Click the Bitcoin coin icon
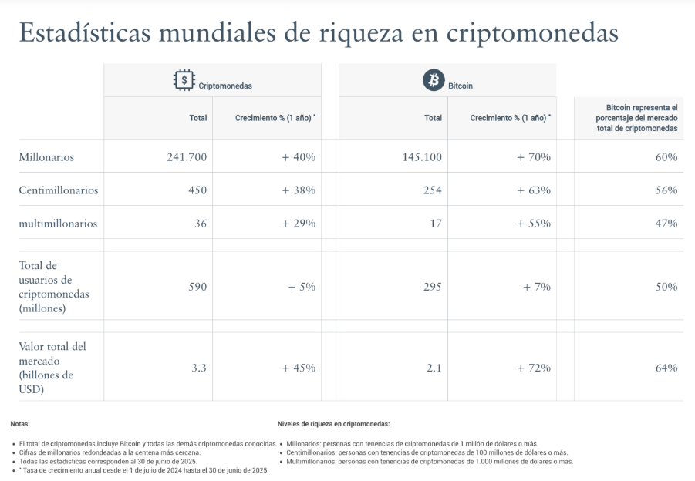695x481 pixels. coord(434,80)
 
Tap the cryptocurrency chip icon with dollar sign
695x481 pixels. coord(184,80)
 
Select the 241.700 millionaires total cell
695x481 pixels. coord(187,157)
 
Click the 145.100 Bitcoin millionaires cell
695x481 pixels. coord(422,157)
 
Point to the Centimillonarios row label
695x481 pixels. coord(58,190)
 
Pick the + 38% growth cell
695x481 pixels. coord(299,190)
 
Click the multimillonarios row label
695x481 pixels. coord(58,224)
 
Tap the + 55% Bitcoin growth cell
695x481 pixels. coord(534,224)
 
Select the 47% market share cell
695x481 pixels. coord(666,224)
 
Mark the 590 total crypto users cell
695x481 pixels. coord(197,287)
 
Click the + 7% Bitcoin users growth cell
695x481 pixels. coord(537,287)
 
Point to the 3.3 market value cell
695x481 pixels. coord(199,368)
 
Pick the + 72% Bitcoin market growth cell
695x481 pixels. coord(534,368)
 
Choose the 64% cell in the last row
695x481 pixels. coord(666,368)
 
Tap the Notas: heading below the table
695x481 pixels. coord(20,424)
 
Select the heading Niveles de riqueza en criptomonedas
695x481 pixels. coord(333,424)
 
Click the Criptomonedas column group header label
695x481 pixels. coord(225,86)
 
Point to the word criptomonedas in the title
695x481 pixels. coord(531,34)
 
